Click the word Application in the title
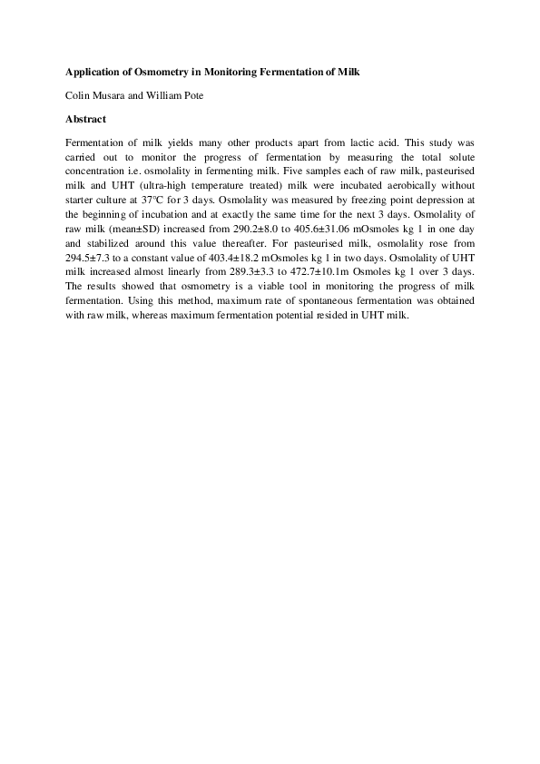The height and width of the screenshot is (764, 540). pos(92,70)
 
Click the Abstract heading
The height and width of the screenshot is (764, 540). pos(86,118)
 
